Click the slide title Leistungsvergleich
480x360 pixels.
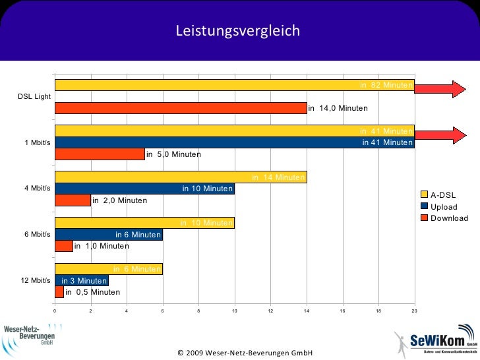[x=237, y=31]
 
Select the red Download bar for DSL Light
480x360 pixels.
[x=180, y=108]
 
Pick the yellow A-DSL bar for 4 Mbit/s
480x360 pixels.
[x=180, y=177]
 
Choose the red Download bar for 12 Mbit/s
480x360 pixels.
[x=59, y=291]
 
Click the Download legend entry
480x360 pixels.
[x=448, y=218]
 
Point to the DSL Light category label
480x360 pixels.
[x=34, y=96]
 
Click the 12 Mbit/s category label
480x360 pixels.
[x=36, y=280]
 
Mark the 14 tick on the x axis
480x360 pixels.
[x=307, y=311]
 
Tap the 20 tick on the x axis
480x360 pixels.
[x=414, y=311]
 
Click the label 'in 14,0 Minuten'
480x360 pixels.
[x=338, y=108]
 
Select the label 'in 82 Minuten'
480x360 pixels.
[x=386, y=84]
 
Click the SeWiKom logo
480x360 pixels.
[x=435, y=343]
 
